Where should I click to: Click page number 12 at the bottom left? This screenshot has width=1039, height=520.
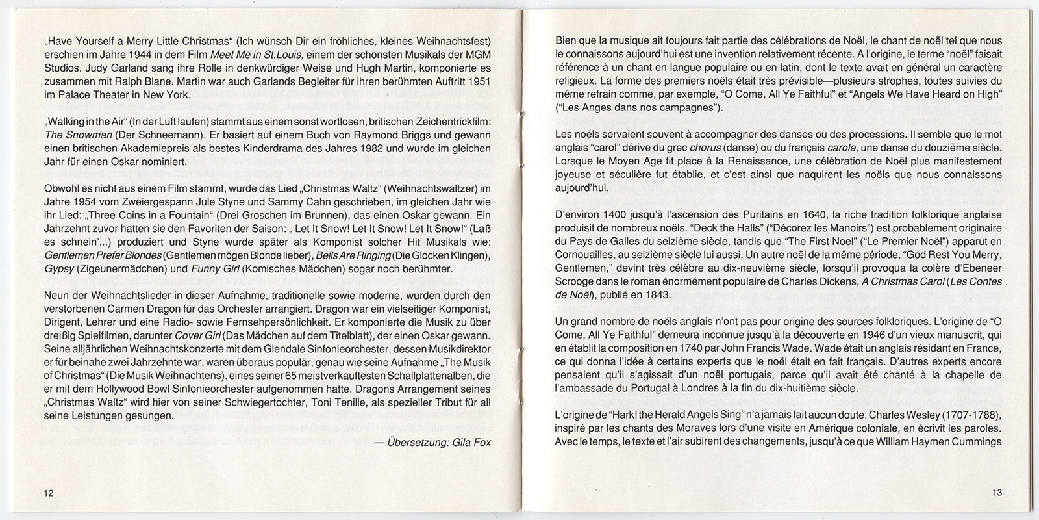coord(49,493)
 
